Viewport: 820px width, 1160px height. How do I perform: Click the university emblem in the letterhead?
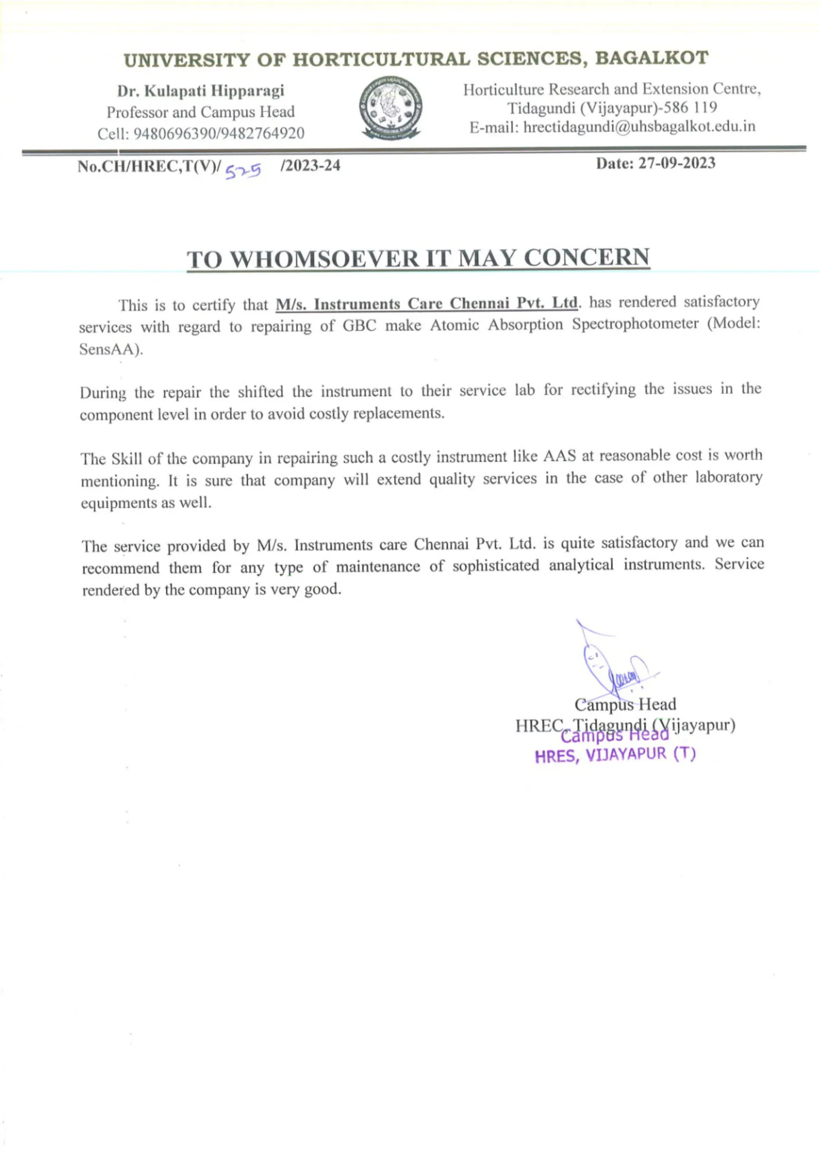[391, 108]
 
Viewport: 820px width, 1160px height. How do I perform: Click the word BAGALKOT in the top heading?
[652, 58]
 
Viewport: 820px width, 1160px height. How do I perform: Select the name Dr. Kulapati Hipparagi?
[201, 91]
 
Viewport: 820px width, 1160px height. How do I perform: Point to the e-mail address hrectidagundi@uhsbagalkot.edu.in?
[639, 126]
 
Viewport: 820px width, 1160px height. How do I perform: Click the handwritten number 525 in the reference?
[243, 172]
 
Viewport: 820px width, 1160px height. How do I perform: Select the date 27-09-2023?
[676, 163]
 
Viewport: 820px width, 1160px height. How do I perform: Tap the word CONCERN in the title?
[586, 257]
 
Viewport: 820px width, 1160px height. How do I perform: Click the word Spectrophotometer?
[635, 324]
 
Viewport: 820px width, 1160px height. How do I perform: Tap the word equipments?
[120, 503]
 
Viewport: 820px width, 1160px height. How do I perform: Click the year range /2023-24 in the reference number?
[310, 165]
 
